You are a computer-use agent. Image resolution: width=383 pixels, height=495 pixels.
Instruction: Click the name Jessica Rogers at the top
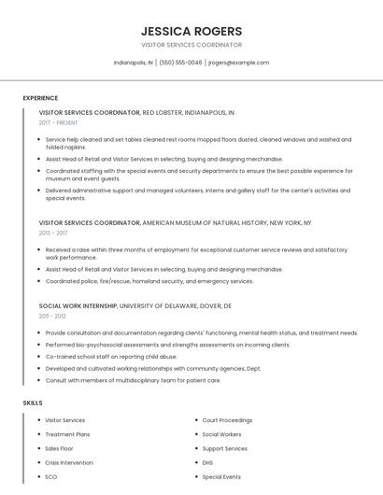191,31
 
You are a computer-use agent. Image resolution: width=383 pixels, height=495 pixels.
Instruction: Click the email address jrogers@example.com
238,63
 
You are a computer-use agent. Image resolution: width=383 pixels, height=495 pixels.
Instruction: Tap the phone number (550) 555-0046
181,63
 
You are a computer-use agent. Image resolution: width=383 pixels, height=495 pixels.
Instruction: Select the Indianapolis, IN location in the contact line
134,63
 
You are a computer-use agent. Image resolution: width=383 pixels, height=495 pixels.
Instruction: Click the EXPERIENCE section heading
40,98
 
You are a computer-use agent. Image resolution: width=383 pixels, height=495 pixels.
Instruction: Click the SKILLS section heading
33,403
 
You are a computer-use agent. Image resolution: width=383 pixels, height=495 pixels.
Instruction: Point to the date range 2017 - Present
59,122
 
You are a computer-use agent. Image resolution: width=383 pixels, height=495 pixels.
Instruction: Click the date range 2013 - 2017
53,233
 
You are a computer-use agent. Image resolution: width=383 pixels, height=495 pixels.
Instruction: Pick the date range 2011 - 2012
52,316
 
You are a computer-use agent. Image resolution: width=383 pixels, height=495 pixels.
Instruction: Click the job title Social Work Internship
78,305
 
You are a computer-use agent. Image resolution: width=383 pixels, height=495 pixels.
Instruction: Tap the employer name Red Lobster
163,112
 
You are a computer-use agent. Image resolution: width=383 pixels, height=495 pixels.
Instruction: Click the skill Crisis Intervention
69,462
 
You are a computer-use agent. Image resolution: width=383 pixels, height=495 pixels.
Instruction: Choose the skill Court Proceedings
227,420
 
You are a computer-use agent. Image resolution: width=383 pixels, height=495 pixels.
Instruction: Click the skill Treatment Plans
67,434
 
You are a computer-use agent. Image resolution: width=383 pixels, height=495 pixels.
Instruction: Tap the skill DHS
207,462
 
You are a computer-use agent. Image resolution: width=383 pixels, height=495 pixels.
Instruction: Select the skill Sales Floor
59,448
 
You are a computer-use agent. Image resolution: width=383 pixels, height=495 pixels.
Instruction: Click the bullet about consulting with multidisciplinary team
133,380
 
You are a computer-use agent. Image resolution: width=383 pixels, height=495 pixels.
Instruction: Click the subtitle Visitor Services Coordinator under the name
191,45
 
